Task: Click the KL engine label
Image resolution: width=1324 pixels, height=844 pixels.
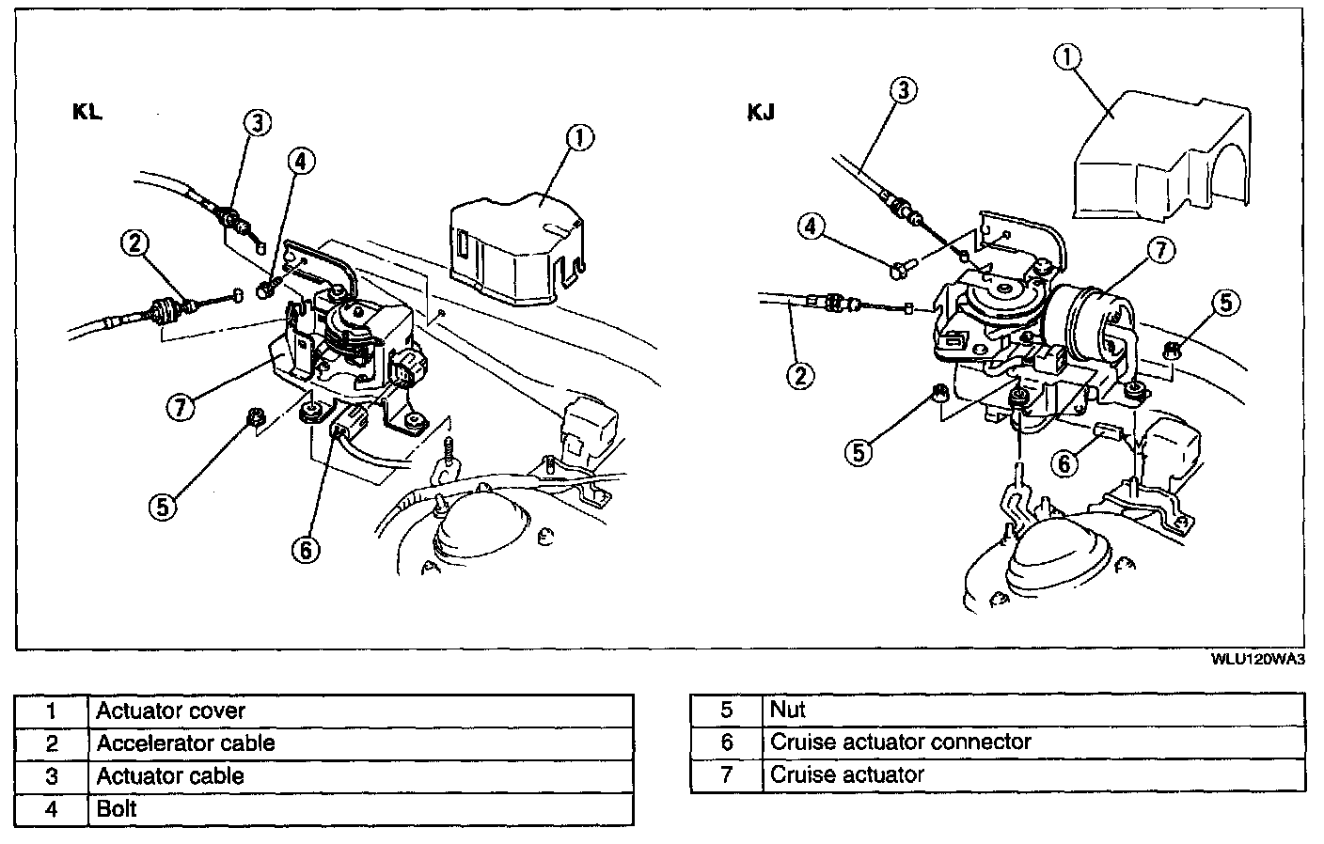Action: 87,112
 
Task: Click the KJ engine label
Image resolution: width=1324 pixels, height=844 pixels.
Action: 761,113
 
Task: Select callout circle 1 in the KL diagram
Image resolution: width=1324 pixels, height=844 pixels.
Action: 579,139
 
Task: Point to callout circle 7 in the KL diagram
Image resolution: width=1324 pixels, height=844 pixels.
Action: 180,407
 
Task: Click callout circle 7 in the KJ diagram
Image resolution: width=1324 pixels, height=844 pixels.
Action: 1161,250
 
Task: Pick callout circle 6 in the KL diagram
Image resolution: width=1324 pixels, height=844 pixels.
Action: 306,550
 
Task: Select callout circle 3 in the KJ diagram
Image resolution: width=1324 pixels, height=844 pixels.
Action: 903,90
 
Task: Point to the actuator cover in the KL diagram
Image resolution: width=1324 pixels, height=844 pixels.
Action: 515,249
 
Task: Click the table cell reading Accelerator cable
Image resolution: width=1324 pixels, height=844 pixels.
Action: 185,743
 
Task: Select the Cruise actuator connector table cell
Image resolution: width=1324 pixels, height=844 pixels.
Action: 901,742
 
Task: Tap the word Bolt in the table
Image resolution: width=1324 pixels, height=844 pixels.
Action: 117,808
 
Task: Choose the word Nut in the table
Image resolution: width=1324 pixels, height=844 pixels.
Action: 788,709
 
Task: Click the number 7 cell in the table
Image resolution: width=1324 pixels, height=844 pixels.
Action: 726,775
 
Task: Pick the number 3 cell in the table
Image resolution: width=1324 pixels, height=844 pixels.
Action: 53,776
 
